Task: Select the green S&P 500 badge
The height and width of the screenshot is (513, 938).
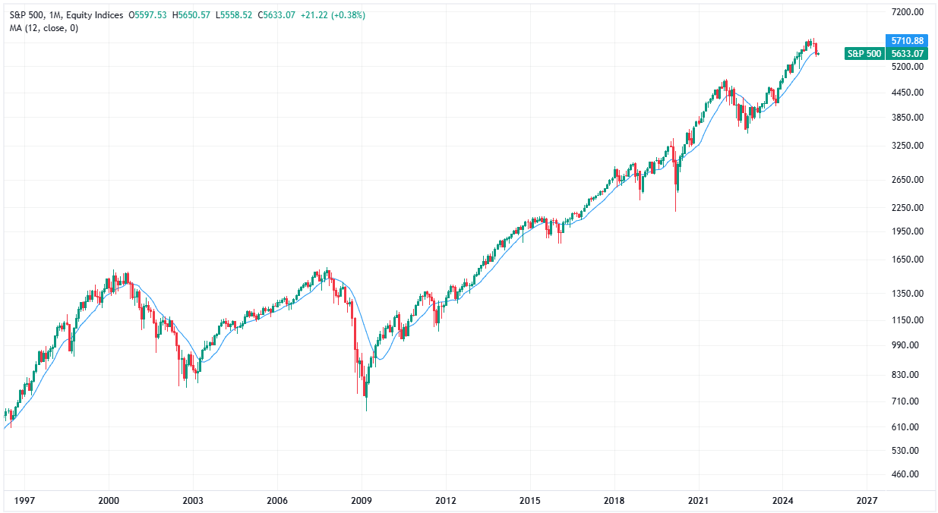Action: click(864, 53)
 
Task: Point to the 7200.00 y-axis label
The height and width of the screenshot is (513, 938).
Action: click(907, 12)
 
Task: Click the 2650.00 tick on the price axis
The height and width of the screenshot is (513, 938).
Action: click(907, 180)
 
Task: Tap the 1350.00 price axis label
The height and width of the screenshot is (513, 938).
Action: click(907, 294)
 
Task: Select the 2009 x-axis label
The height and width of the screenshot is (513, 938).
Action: click(362, 501)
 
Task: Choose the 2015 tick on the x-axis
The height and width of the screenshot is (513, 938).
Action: click(529, 501)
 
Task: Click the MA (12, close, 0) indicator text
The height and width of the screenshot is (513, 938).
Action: click(43, 28)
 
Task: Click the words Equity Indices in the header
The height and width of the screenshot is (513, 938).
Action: click(95, 15)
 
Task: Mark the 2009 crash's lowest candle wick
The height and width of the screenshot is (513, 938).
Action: click(366, 408)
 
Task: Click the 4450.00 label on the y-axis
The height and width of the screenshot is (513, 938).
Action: click(907, 93)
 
